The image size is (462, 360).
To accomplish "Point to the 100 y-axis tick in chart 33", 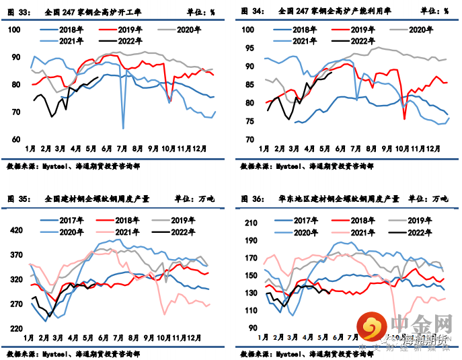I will click(15, 30).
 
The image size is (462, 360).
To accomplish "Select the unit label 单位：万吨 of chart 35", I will click(194, 199).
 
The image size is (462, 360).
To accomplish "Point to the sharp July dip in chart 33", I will click(123, 127).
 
